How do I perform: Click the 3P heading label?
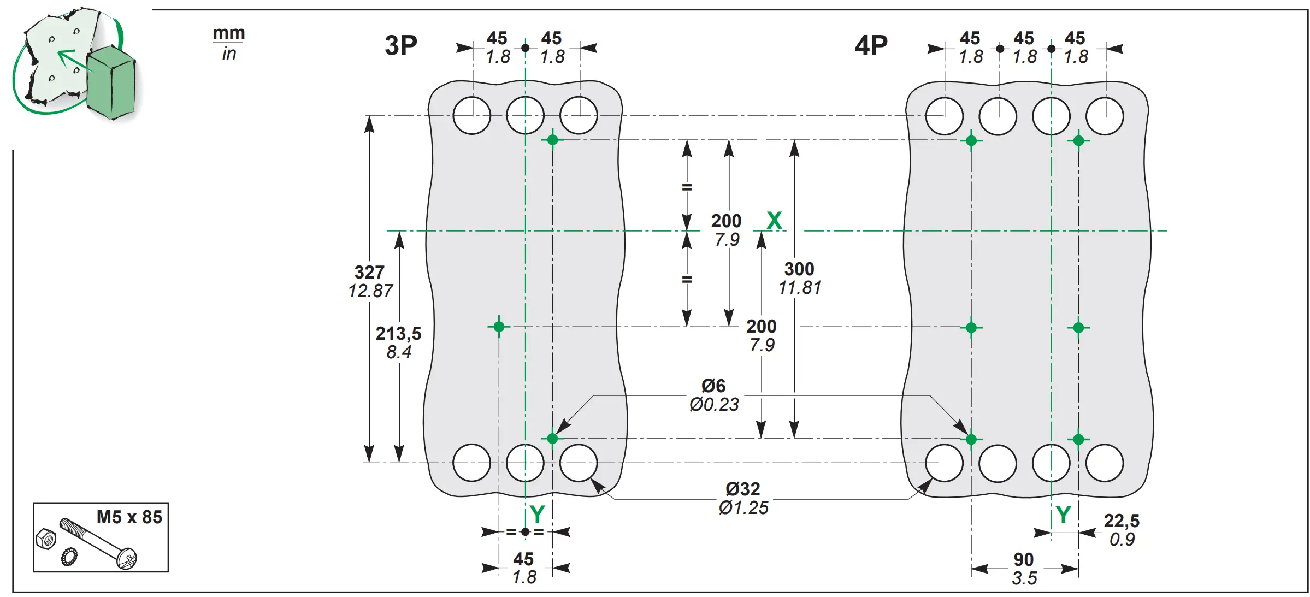click(401, 45)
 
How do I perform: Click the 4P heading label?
click(871, 45)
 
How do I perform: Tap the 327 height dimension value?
click(369, 272)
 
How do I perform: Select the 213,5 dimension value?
click(398, 333)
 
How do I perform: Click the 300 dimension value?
click(799, 269)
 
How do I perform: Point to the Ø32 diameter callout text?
click(742, 489)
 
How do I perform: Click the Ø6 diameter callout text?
click(713, 386)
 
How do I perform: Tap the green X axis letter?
click(774, 221)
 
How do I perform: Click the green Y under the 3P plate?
click(537, 515)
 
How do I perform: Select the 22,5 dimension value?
click(1122, 521)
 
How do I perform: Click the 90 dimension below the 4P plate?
click(1023, 559)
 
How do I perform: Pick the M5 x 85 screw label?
click(129, 517)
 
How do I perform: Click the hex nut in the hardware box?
click(46, 539)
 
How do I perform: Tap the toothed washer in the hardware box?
click(69, 557)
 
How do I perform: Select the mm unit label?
click(229, 33)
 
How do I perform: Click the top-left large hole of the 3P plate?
click(472, 115)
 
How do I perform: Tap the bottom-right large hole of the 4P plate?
click(1105, 463)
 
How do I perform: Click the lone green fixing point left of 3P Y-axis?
click(499, 327)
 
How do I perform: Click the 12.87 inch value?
click(370, 291)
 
